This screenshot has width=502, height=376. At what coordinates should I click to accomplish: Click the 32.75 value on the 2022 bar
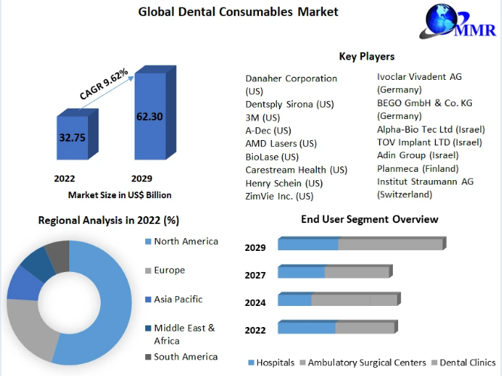[x=72, y=137]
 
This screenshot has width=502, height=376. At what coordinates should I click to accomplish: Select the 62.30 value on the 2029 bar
[x=150, y=116]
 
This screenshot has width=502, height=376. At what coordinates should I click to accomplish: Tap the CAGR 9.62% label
[x=104, y=84]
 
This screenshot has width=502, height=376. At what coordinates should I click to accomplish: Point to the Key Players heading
[x=367, y=57]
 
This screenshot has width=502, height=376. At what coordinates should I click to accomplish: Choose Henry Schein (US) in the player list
[x=284, y=183]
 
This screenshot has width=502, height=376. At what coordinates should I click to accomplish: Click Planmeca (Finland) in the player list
[x=418, y=169]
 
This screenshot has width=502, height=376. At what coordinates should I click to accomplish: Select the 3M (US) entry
[x=263, y=118]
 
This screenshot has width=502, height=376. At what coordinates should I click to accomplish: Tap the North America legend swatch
[x=148, y=241]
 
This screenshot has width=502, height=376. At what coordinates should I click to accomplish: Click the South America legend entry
[x=181, y=356]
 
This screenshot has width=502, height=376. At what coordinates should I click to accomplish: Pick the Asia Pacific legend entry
[x=174, y=299]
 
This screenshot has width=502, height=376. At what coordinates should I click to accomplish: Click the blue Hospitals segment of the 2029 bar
[x=308, y=244]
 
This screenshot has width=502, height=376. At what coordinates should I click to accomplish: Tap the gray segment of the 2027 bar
[x=357, y=272]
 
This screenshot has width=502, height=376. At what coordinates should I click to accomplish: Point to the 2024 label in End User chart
[x=255, y=303]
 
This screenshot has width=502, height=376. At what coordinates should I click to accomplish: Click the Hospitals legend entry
[x=272, y=362]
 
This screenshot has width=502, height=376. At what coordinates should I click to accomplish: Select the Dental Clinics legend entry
[x=464, y=362]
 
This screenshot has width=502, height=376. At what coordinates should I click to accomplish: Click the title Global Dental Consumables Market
[x=238, y=12]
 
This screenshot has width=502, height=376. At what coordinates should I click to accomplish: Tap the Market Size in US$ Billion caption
[x=120, y=195]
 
